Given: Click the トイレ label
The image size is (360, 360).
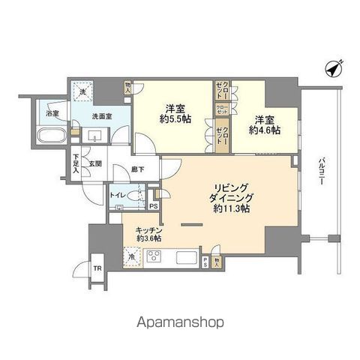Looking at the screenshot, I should (x=118, y=195).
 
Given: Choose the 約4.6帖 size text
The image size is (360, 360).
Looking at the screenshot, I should (x=266, y=129).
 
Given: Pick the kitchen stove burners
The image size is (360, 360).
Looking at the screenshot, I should (x=156, y=256).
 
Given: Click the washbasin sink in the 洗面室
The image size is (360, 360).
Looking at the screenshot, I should (x=95, y=136).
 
